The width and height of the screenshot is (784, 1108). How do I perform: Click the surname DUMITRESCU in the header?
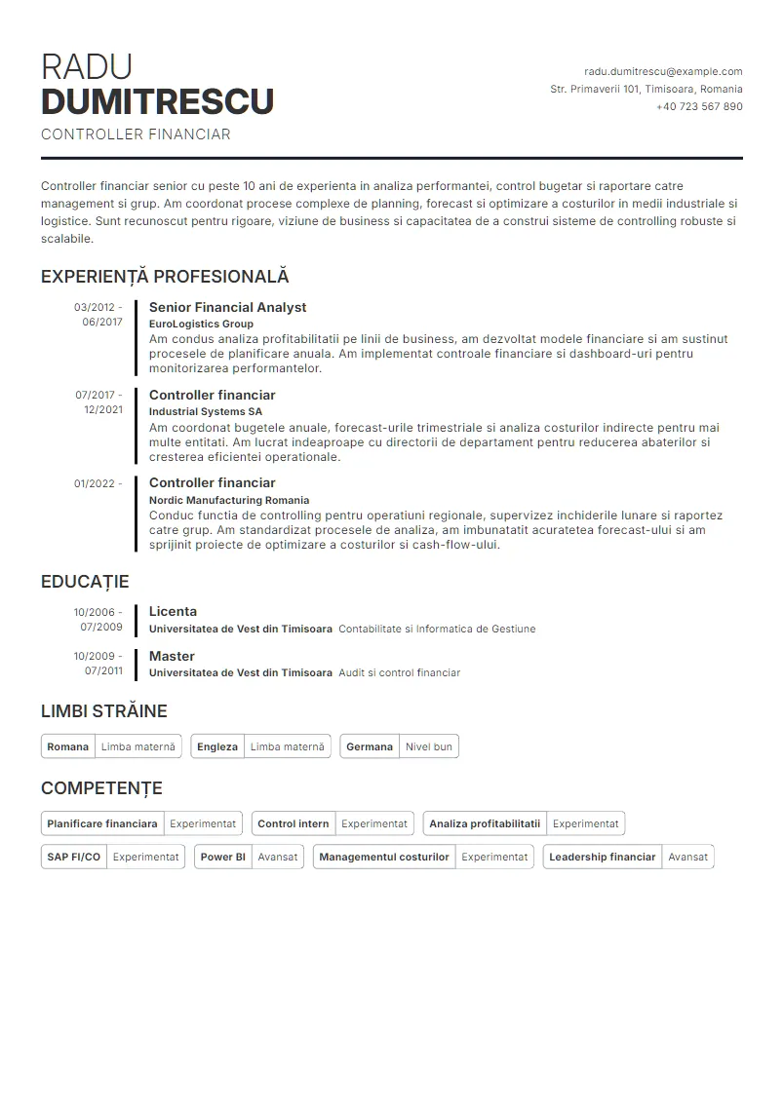157,101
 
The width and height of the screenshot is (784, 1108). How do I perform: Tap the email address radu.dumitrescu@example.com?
663,71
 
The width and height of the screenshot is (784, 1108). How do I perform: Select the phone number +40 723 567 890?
699,106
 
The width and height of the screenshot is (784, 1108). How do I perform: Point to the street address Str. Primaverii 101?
595,89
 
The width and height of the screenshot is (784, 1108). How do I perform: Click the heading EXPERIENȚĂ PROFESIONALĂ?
165,277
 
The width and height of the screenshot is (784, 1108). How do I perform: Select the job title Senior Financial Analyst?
227,307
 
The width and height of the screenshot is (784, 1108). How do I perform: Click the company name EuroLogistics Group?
201,324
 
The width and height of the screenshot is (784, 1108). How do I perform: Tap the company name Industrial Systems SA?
205,411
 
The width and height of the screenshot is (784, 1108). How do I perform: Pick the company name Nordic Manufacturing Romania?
228,499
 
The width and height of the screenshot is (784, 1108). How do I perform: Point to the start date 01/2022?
94,483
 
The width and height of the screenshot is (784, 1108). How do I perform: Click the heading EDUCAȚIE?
85,582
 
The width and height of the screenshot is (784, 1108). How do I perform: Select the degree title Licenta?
173,611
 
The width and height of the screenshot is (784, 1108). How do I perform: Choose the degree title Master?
172,656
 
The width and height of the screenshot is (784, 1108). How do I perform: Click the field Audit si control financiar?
399,672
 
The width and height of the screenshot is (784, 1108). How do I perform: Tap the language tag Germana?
370,746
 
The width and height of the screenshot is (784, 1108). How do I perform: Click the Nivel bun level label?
429,746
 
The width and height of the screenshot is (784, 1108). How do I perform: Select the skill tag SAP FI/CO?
73,857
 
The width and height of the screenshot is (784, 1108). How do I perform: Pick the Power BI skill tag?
222,857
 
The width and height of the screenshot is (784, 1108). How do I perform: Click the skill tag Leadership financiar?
602,857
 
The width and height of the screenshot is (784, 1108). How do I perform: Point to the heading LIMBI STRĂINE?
104,711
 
